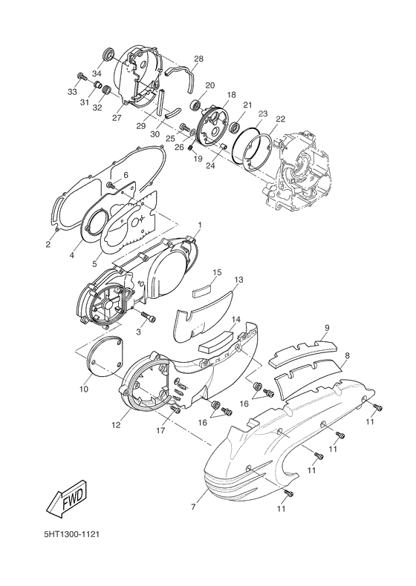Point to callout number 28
click(198, 59)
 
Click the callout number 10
click(84, 389)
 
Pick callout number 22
click(280, 119)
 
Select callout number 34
click(97, 73)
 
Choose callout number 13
click(238, 280)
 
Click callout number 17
click(160, 430)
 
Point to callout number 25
click(170, 139)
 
